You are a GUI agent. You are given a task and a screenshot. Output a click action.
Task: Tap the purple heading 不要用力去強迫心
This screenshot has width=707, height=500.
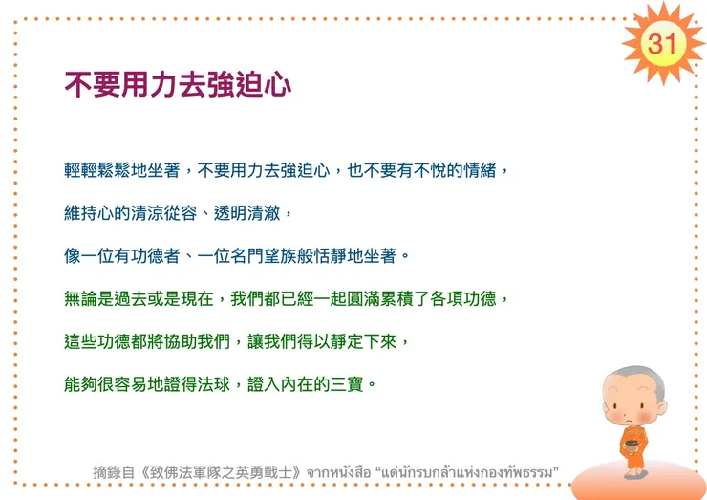click(178, 85)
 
